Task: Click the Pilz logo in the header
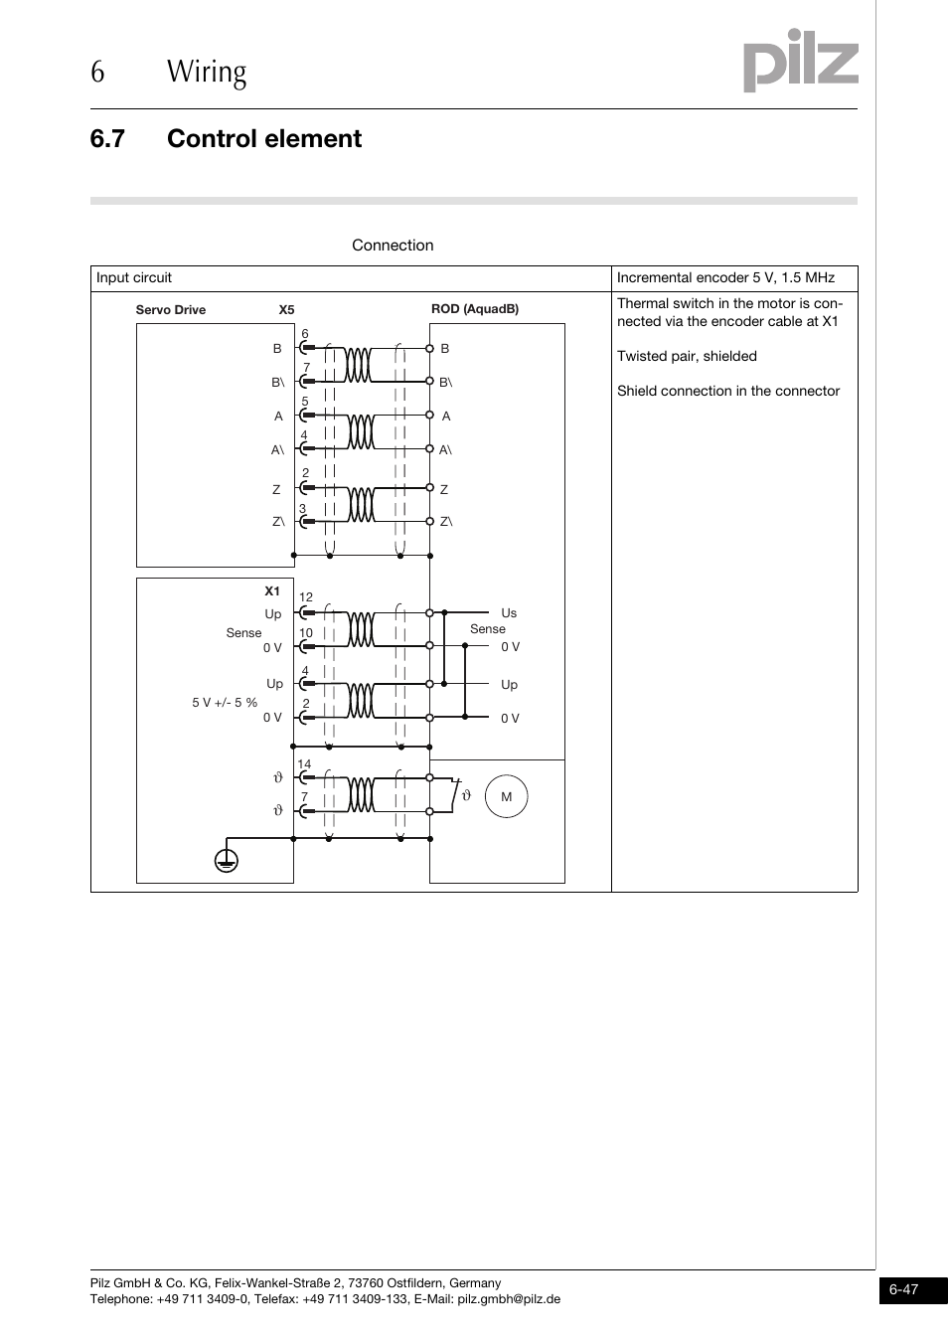[x=800, y=62]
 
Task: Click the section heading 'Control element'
[x=263, y=139]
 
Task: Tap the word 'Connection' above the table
[x=393, y=246]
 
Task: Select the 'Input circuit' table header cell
[x=134, y=278]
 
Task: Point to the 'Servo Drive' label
[x=171, y=310]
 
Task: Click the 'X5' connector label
[x=286, y=310]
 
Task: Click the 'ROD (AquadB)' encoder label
[x=475, y=309]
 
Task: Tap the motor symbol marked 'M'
[x=506, y=797]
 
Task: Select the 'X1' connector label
[x=272, y=591]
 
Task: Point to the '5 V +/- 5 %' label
[x=225, y=703]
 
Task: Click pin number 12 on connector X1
[x=306, y=597]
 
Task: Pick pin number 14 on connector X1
[x=304, y=764]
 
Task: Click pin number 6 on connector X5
[x=305, y=335]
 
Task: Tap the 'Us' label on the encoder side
[x=509, y=613]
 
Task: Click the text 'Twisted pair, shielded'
[x=687, y=357]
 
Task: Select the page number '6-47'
[x=904, y=1290]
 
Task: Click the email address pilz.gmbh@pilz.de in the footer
[x=509, y=1299]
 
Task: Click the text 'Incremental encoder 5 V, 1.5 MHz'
[x=725, y=278]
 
